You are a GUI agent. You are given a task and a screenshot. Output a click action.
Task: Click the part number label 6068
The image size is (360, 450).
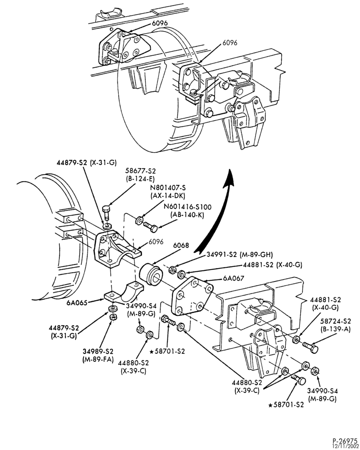181,245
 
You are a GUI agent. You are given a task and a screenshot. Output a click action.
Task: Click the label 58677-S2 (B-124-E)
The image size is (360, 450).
141,175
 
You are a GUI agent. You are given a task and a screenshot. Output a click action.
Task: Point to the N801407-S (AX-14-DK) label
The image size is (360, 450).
168,192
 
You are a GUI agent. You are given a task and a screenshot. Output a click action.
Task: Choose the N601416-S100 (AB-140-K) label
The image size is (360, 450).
187,211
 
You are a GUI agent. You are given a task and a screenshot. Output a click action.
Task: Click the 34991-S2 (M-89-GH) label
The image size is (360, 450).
239,254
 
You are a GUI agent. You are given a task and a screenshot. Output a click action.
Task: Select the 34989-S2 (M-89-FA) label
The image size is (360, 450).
98,355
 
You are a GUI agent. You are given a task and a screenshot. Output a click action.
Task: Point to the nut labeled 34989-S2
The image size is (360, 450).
113,317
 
